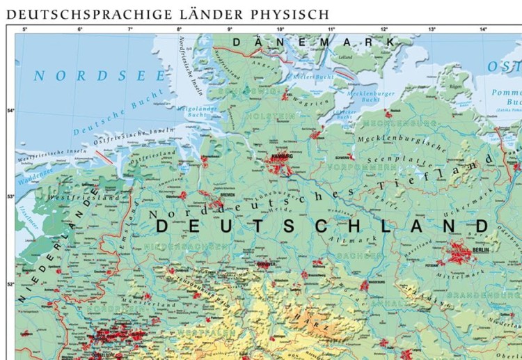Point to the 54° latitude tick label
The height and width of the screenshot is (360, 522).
tap(10, 111)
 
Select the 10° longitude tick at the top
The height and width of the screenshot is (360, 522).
tap(280, 29)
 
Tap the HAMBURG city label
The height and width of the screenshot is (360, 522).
tap(282, 157)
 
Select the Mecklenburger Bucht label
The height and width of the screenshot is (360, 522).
tap(370, 96)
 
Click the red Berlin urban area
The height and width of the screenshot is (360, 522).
tap(459, 252)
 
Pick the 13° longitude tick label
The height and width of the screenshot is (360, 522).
tap(432, 29)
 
